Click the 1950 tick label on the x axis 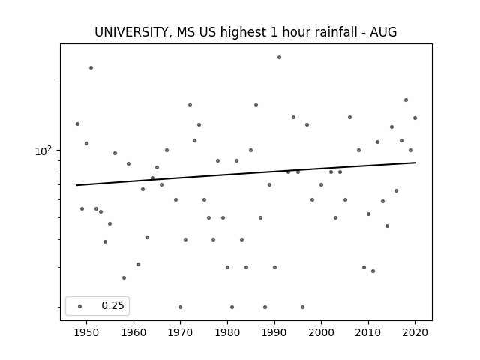(87, 332)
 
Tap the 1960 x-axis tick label (133, 332)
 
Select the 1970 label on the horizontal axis (180, 332)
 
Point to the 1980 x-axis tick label (227, 332)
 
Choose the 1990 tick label (274, 332)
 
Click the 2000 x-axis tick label (321, 332)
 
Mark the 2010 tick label (368, 332)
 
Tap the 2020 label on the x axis (415, 332)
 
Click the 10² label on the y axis (44, 151)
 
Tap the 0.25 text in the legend (112, 306)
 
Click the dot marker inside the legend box (79, 306)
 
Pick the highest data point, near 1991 (279, 57)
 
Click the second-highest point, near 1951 (91, 67)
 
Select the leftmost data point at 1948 (77, 124)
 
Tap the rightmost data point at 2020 (415, 118)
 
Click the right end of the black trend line (415, 163)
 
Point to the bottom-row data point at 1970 (180, 307)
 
